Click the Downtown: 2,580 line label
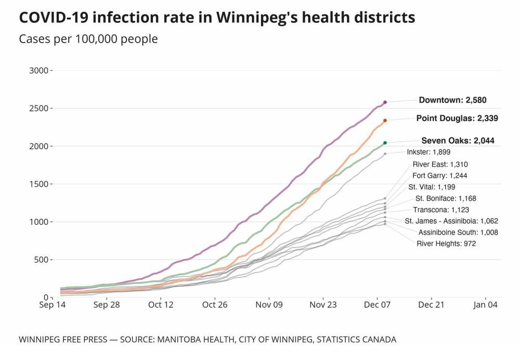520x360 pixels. click(452, 100)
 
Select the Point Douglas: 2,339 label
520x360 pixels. click(457, 118)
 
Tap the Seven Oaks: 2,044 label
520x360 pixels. click(458, 140)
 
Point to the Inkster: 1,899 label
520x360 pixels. click(433, 152)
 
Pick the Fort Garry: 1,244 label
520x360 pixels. click(439, 175)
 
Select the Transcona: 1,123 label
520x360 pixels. click(441, 210)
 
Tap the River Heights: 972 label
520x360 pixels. click(446, 243)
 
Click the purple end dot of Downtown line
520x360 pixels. click(385, 102)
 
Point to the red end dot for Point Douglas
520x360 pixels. click(385, 121)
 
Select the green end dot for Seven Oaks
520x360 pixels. click(385, 143)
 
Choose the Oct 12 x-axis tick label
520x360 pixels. click(161, 305)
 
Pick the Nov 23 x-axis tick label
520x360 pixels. click(323, 305)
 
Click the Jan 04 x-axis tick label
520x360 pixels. click(486, 305)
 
